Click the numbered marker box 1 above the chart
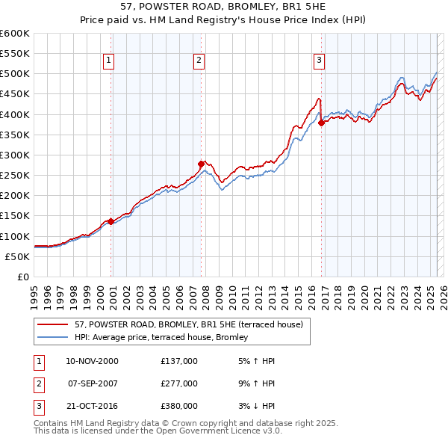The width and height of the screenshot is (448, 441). tap(109, 61)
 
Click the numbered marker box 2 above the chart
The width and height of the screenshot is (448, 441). tap(199, 61)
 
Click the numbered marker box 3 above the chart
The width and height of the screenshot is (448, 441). tap(319, 61)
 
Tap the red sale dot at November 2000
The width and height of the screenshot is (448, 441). tap(111, 221)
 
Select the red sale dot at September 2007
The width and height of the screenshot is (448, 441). tap(202, 164)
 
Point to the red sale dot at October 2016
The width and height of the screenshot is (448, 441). tap(321, 123)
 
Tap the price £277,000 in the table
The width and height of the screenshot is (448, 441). tap(179, 383)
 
